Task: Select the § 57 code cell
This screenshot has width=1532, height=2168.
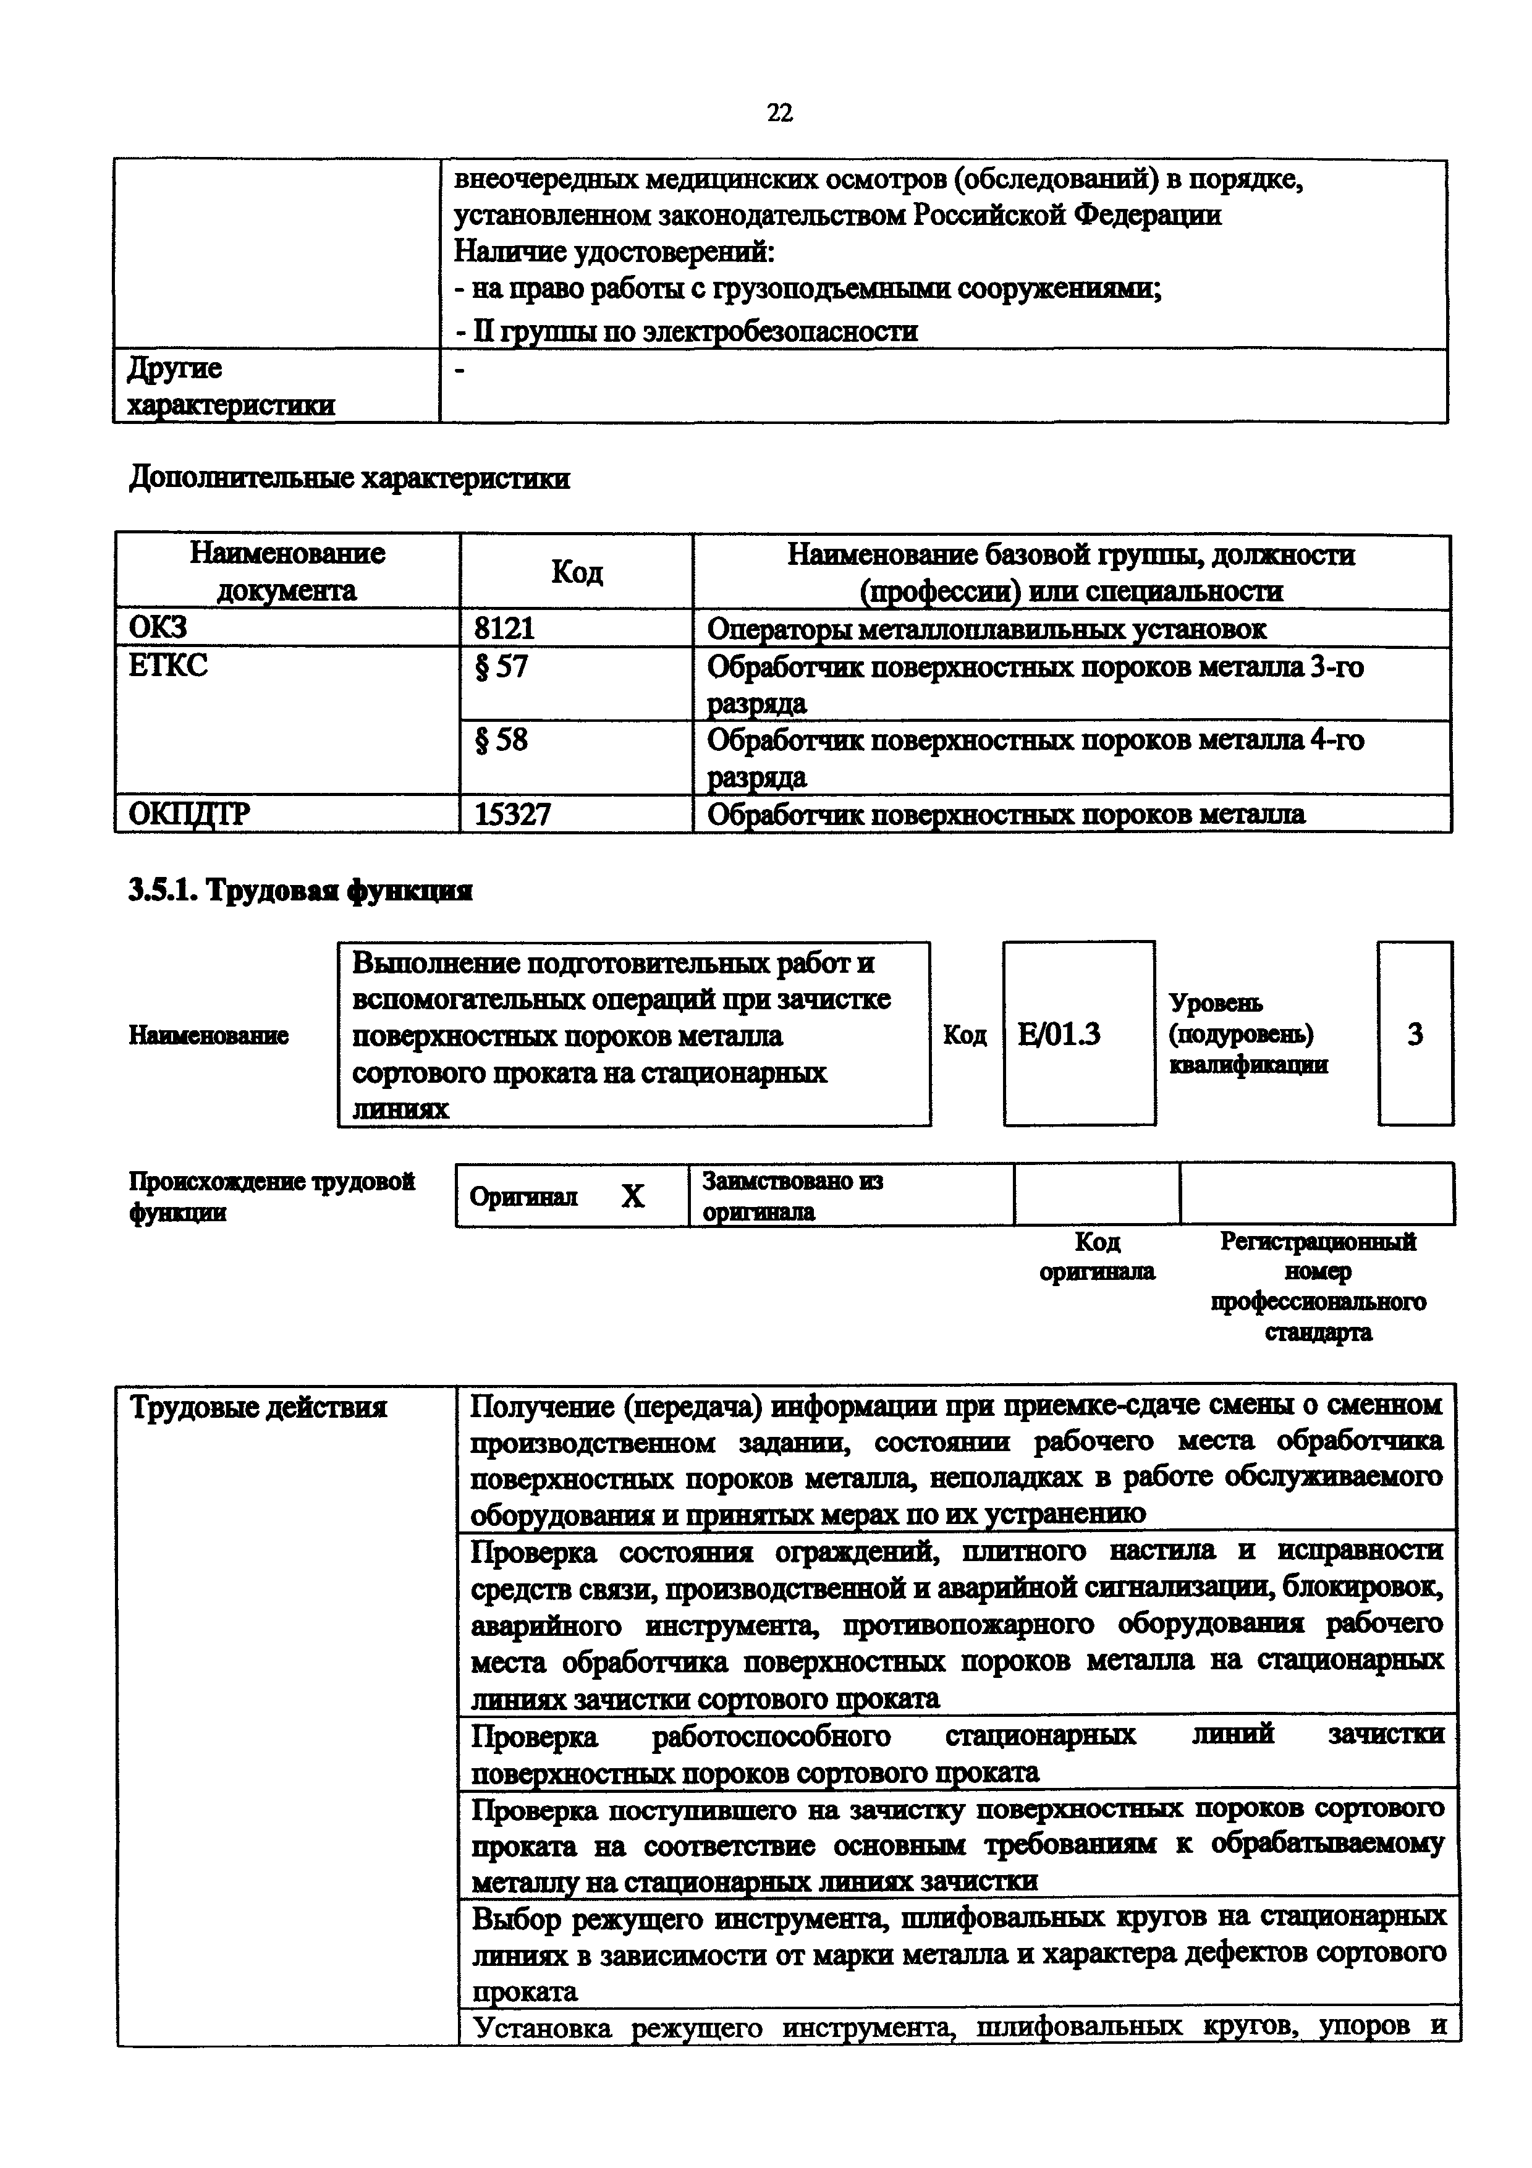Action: click(x=501, y=667)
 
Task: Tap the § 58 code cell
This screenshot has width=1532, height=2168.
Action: click(x=501, y=739)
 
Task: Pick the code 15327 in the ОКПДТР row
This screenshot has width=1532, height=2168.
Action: click(x=512, y=814)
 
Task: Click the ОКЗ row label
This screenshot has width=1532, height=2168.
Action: click(x=158, y=627)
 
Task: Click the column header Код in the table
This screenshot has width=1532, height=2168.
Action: click(x=576, y=572)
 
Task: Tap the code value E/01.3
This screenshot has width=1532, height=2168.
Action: click(x=1059, y=1035)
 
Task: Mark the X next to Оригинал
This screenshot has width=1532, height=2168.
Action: click(x=632, y=1196)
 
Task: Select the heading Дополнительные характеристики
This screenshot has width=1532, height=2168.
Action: click(x=349, y=479)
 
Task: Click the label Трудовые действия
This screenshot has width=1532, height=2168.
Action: click(x=258, y=1408)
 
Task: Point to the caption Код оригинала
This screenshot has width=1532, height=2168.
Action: click(x=1097, y=1256)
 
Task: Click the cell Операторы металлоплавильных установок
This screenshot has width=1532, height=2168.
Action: click(x=986, y=629)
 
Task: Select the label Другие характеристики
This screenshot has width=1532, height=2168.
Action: click(x=231, y=386)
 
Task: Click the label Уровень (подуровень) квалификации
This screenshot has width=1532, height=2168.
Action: click(x=1248, y=1034)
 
